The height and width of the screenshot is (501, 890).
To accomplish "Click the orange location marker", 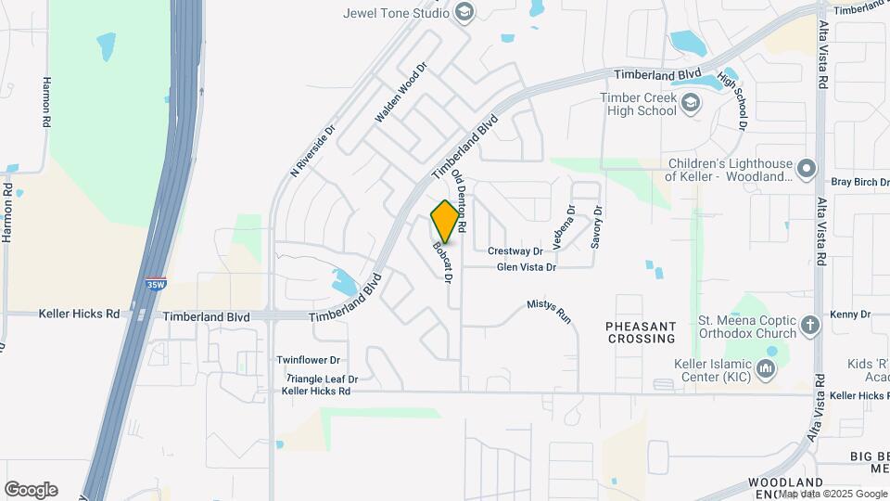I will click(x=446, y=221).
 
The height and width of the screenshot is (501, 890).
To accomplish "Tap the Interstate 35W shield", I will click(x=156, y=286).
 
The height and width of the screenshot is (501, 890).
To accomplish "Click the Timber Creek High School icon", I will click(x=690, y=102).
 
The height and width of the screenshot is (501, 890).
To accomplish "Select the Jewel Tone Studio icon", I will click(x=464, y=12).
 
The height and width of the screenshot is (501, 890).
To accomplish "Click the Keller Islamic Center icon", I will click(x=766, y=371).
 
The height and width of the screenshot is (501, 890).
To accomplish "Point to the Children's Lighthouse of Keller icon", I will click(x=806, y=169).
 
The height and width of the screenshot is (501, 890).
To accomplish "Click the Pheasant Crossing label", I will click(x=641, y=332).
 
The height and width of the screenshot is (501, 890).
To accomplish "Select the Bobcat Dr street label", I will click(x=443, y=263).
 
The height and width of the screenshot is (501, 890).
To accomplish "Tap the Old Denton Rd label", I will click(x=459, y=201).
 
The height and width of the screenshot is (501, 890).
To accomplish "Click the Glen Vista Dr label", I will click(x=526, y=267).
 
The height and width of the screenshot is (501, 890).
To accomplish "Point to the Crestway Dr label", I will click(x=515, y=251).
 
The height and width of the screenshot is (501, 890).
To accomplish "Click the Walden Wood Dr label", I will click(x=400, y=94).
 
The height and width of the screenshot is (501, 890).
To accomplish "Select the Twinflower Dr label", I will click(x=309, y=360).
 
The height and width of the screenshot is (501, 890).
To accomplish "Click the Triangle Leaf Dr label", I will click(x=321, y=379).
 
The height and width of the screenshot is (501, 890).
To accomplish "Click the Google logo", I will click(x=31, y=490).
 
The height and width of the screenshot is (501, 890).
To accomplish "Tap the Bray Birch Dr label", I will click(x=859, y=182).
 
